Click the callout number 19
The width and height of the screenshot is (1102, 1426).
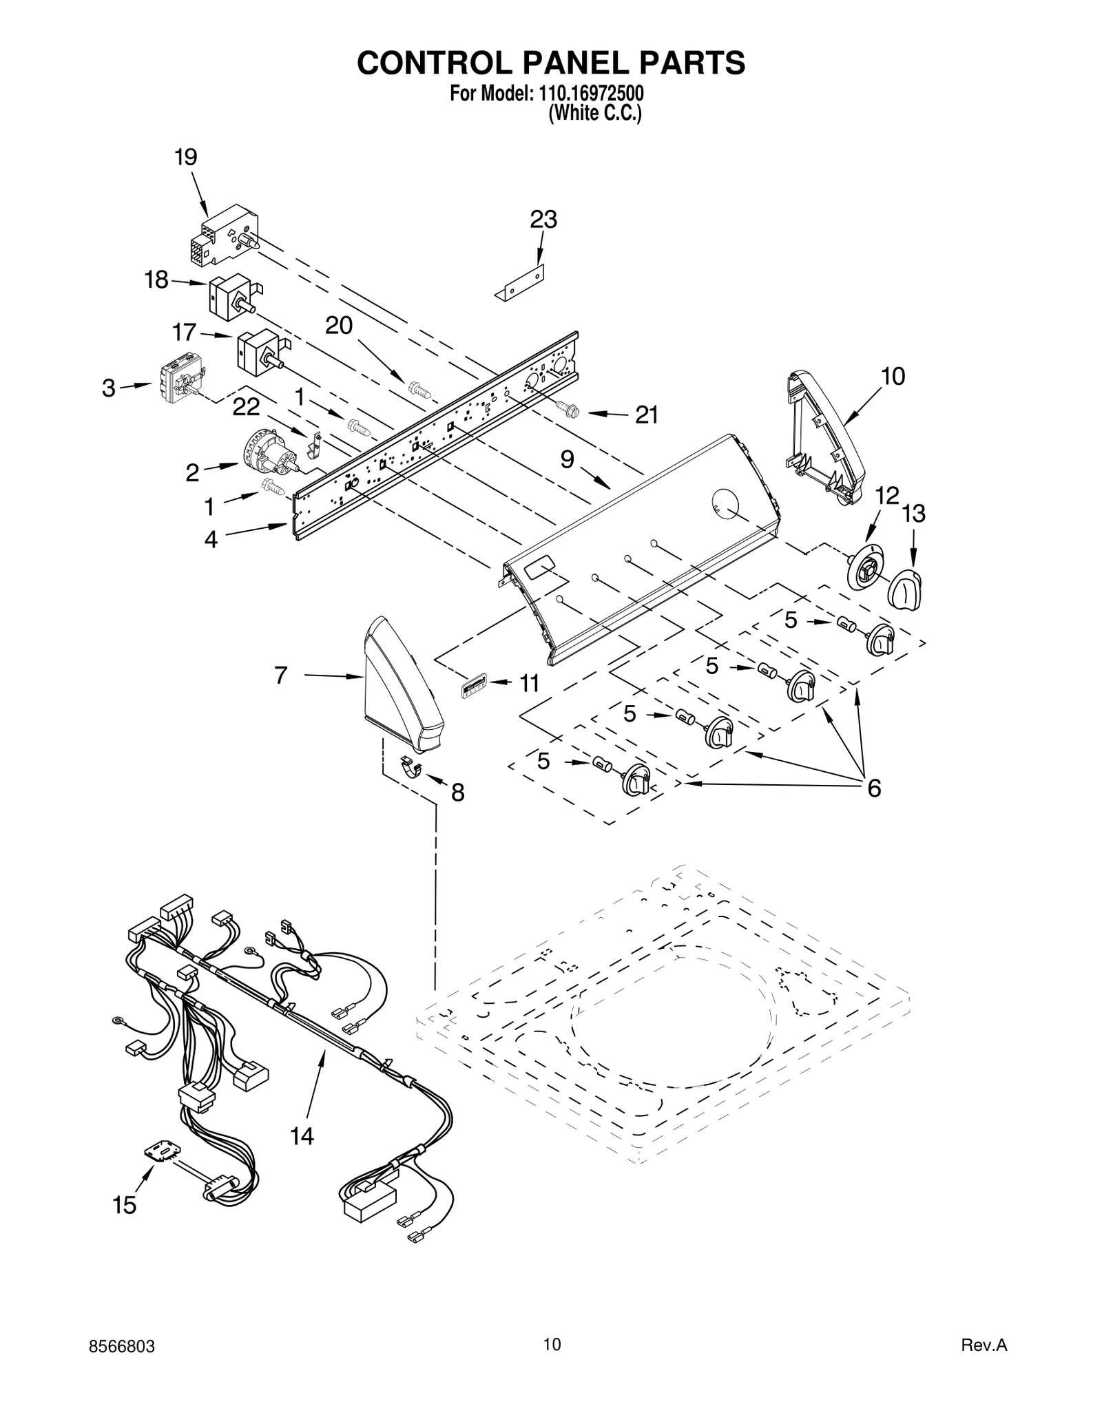[x=185, y=157]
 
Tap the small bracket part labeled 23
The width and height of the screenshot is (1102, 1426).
[x=520, y=284]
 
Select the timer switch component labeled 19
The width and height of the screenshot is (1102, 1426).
[x=222, y=235]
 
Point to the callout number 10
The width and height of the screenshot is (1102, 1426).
[x=893, y=376]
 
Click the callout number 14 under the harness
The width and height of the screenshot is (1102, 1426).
[x=302, y=1136]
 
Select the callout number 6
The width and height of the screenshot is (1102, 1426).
[x=873, y=788]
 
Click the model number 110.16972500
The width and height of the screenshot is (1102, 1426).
[x=589, y=93]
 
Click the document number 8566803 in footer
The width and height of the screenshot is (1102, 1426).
[x=122, y=1361]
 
